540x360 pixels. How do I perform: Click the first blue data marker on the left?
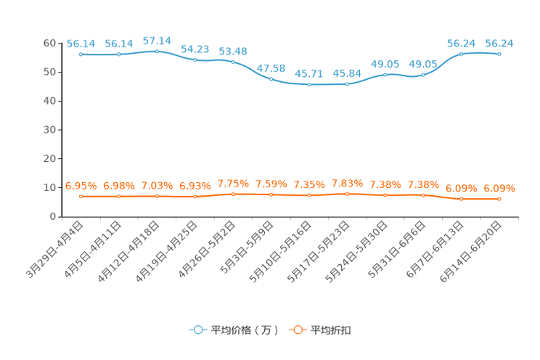pyautogui.click(x=81, y=54)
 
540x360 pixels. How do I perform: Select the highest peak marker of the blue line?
pyautogui.click(x=157, y=51)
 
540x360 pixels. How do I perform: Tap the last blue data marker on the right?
pyautogui.click(x=499, y=54)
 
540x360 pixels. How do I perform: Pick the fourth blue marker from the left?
pyautogui.click(x=195, y=60)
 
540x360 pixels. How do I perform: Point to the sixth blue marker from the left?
pyautogui.click(x=271, y=78)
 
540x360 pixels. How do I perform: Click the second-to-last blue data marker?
pyautogui.click(x=462, y=54)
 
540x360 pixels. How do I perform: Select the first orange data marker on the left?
pyautogui.click(x=81, y=197)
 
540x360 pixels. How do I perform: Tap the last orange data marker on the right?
pyautogui.click(x=499, y=199)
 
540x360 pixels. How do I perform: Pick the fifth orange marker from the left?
pyautogui.click(x=232, y=195)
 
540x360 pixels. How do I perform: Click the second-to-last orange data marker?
pyautogui.click(x=462, y=198)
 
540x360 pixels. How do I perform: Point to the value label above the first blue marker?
pyautogui.click(x=81, y=44)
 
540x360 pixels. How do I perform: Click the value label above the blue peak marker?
pyautogui.click(x=157, y=40)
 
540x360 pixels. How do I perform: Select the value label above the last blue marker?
pyautogui.click(x=499, y=44)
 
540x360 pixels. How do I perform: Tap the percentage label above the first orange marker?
pyautogui.click(x=81, y=187)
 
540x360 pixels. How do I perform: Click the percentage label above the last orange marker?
pyautogui.click(x=499, y=189)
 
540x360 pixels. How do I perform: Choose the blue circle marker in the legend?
pyautogui.click(x=197, y=330)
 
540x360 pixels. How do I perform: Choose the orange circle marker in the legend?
pyautogui.click(x=298, y=330)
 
